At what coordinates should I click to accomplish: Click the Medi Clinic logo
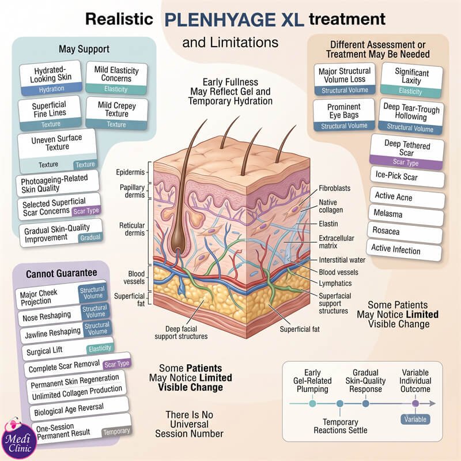click(x=18, y=439)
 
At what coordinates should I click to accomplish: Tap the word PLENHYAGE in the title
click(x=220, y=20)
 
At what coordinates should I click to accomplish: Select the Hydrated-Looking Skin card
click(x=51, y=78)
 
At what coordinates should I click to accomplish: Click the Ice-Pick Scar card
click(x=407, y=177)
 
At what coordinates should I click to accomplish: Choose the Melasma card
click(x=406, y=214)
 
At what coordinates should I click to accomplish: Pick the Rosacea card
click(x=405, y=232)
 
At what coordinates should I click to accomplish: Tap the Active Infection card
click(x=404, y=250)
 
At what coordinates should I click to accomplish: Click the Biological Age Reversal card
click(x=79, y=409)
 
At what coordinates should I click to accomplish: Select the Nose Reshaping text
click(x=47, y=316)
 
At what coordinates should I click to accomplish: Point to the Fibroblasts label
click(x=335, y=188)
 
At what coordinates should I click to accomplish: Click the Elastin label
click(x=328, y=224)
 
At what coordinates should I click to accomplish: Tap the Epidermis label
click(x=130, y=172)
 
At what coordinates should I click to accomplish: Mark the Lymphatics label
click(x=335, y=283)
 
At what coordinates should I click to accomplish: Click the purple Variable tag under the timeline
click(x=415, y=419)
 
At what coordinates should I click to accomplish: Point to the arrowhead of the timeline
click(x=433, y=403)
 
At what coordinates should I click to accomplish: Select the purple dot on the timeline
click(x=415, y=403)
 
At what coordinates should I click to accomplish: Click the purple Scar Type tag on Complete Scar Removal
click(x=117, y=364)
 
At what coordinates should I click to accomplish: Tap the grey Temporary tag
click(x=116, y=432)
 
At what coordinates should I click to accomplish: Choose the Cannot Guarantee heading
click(x=62, y=273)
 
